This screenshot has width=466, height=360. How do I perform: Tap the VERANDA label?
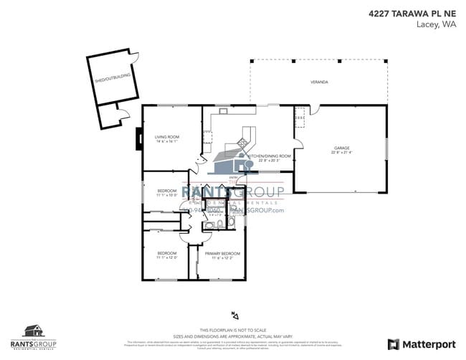(x=319, y=82)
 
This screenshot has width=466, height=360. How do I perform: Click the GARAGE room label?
(x=341, y=147)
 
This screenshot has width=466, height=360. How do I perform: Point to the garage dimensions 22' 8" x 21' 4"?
(x=341, y=152)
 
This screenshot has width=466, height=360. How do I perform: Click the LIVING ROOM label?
(x=166, y=136)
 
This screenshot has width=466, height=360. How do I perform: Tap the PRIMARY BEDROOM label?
(x=222, y=254)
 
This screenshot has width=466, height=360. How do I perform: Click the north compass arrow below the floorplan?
(x=233, y=314)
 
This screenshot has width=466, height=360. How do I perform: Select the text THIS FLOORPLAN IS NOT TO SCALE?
(x=232, y=328)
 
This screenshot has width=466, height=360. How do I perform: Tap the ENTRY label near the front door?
(x=233, y=177)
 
